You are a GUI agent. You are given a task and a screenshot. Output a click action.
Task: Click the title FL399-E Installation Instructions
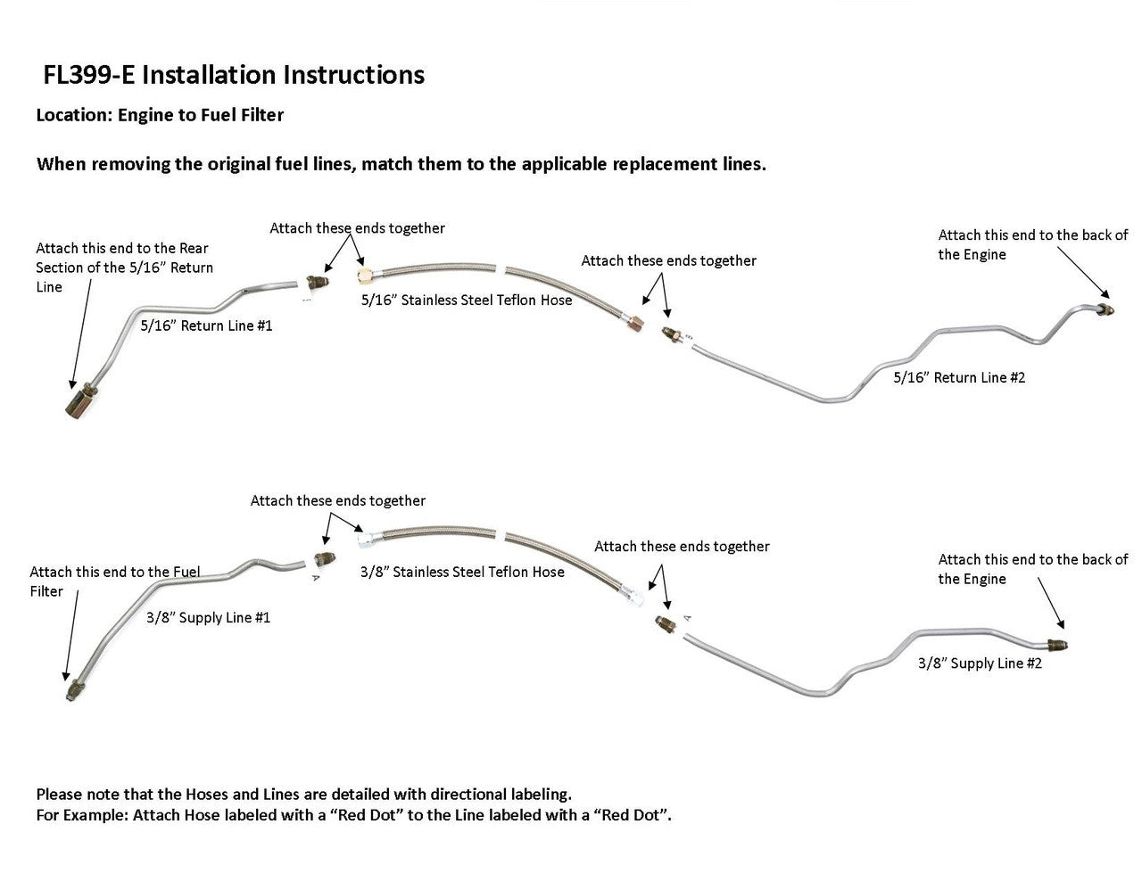click(x=234, y=75)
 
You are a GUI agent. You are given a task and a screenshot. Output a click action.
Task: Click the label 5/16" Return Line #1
click(x=206, y=326)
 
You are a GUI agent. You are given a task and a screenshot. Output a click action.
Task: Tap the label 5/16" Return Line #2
click(x=959, y=377)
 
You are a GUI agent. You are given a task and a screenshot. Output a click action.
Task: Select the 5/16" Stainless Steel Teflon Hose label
click(x=467, y=300)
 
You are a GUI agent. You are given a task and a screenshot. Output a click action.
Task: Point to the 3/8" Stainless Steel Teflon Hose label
click(x=462, y=572)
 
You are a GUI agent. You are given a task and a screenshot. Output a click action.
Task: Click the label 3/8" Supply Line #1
click(x=208, y=617)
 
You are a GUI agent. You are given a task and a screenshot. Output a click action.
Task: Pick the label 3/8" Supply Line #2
click(x=980, y=664)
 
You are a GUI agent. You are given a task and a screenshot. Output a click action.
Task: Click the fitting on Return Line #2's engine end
click(x=1104, y=309)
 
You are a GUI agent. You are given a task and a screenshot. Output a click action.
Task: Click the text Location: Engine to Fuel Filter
click(x=160, y=115)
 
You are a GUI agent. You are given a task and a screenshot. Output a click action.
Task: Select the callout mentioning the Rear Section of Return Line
click(x=124, y=268)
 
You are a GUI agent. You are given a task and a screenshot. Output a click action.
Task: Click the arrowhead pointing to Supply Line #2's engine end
click(x=1061, y=628)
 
